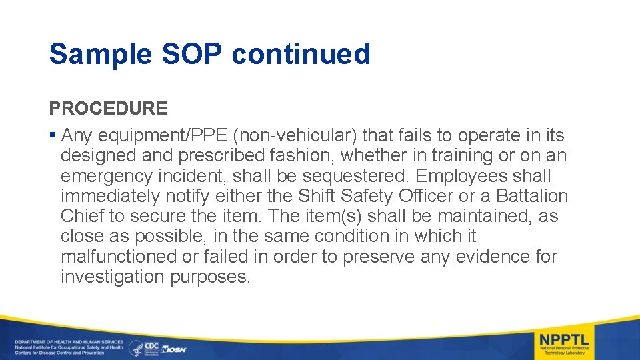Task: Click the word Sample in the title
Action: (x=101, y=54)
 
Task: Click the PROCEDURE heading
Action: (x=108, y=108)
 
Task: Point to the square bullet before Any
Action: (x=53, y=136)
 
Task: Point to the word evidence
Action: (x=477, y=257)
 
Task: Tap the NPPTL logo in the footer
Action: (x=564, y=342)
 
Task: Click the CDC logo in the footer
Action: (x=152, y=347)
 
